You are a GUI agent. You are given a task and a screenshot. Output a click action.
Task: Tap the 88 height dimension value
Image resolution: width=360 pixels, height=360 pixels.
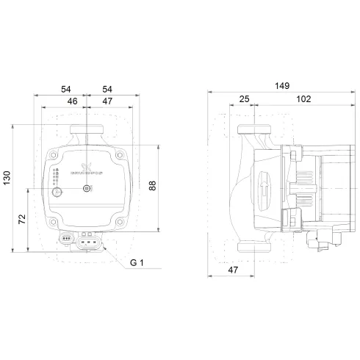click(x=153, y=186)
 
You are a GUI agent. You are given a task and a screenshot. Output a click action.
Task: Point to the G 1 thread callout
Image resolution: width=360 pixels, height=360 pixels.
click(x=137, y=263)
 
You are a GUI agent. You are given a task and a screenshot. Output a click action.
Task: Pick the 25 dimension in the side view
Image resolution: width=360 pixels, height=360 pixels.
click(x=243, y=99)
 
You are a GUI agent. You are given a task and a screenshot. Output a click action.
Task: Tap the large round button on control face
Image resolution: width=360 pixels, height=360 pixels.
click(x=57, y=192)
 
